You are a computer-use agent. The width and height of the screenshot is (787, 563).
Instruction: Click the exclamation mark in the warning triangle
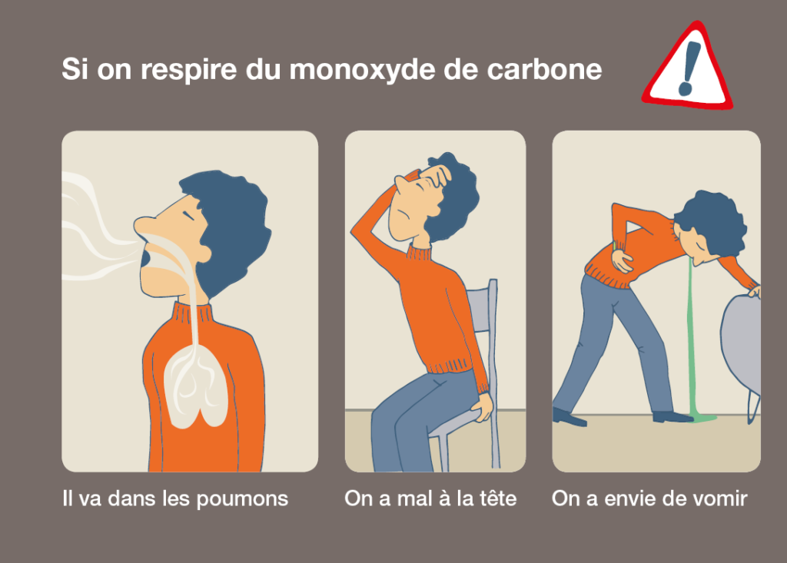pyautogui.click(x=688, y=69)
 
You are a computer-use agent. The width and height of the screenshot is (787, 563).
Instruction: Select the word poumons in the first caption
pyautogui.click(x=242, y=499)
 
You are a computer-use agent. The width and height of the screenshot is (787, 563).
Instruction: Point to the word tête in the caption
pyautogui.click(x=497, y=498)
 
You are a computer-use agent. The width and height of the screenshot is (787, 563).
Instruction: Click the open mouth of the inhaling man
pyautogui.click(x=145, y=258)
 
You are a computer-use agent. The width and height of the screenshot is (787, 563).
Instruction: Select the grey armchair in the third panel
pyautogui.click(x=741, y=351)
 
